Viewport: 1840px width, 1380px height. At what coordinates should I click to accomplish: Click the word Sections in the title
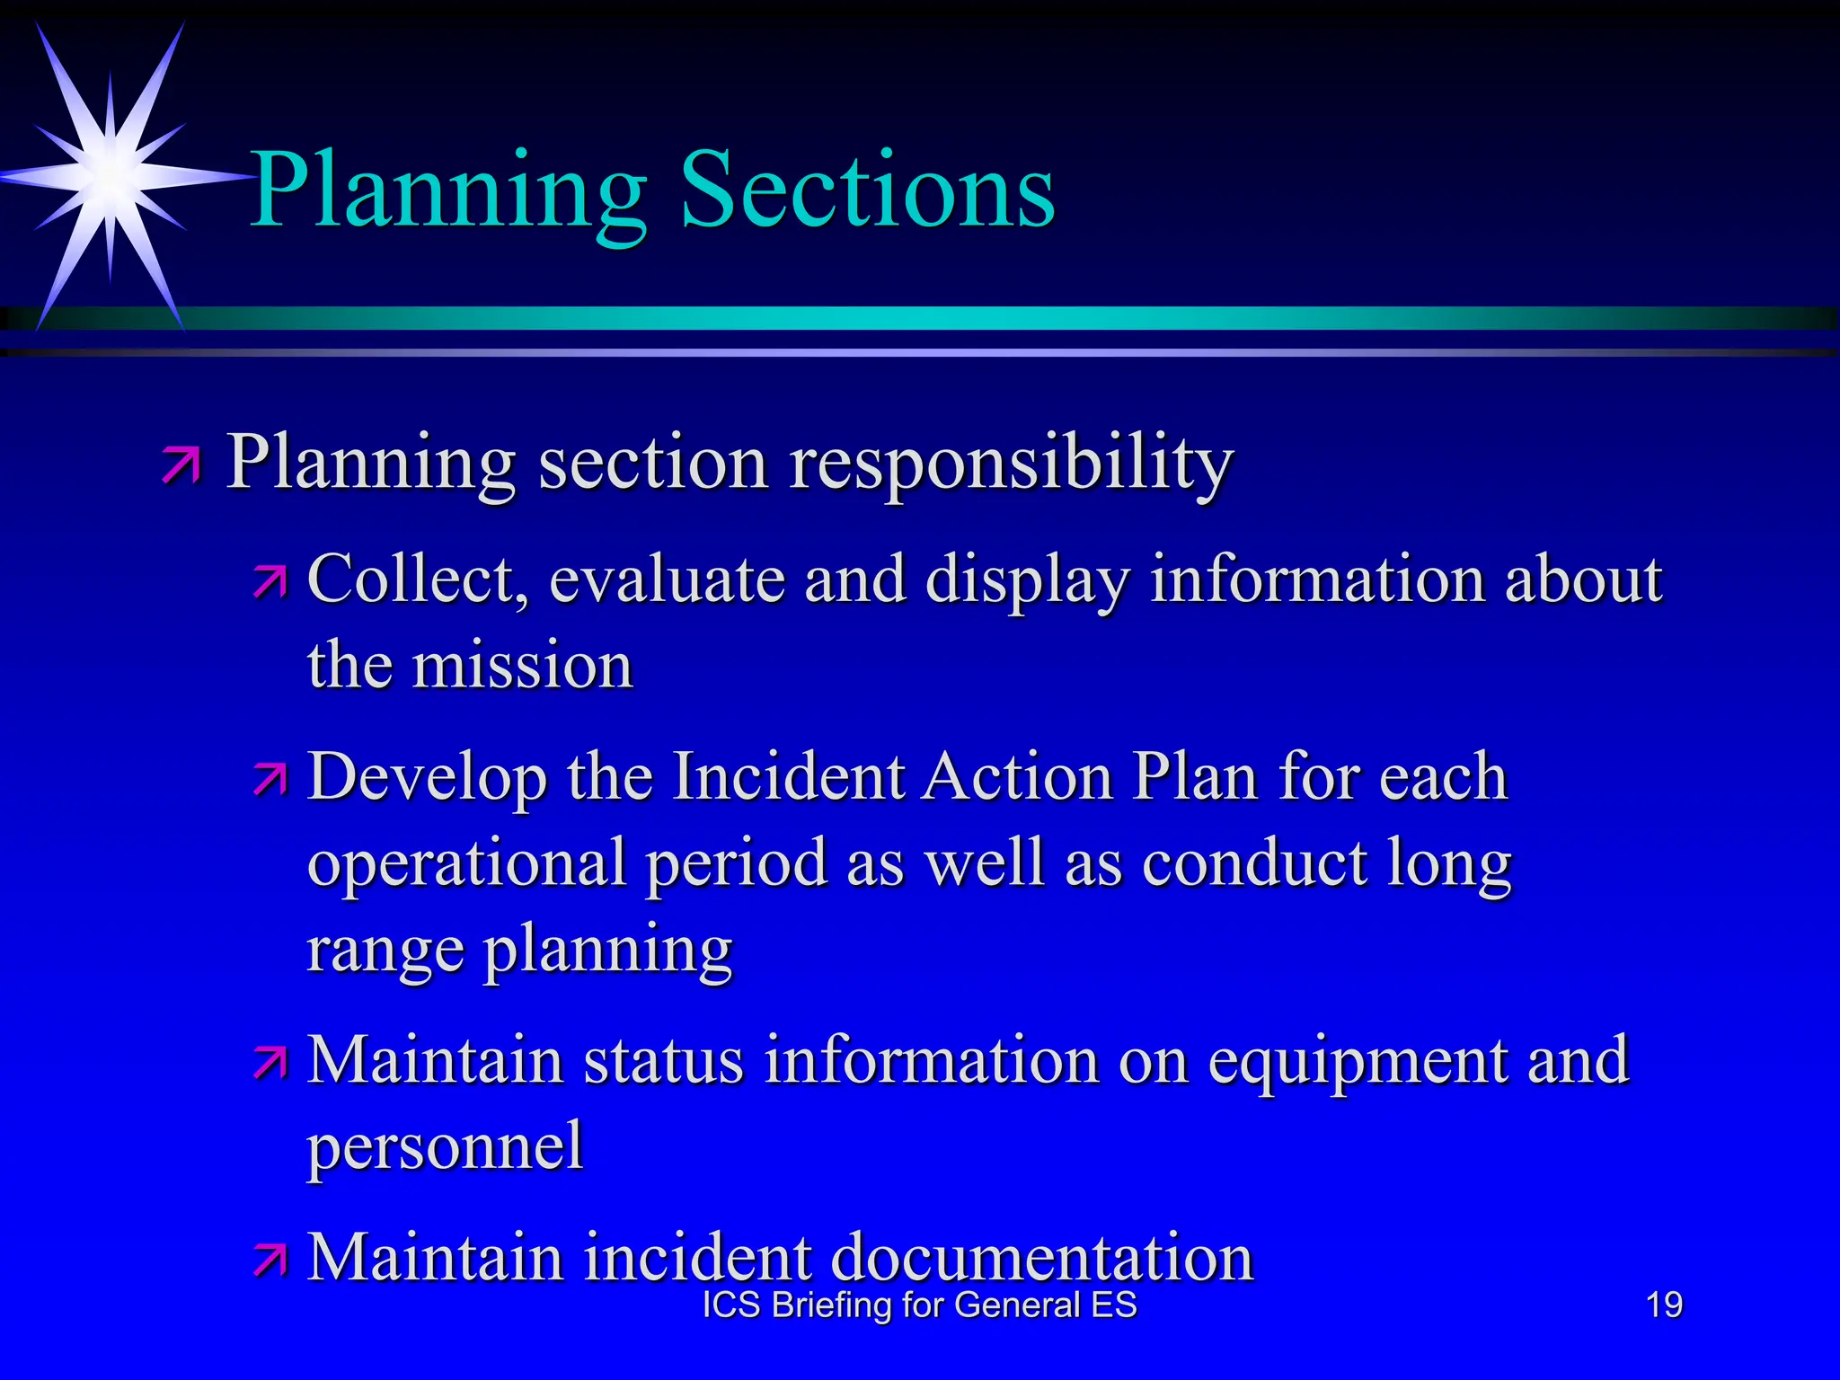point(868,190)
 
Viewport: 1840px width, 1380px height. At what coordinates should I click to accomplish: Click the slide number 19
point(1664,1305)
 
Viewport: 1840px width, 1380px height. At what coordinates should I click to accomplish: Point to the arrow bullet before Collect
point(270,582)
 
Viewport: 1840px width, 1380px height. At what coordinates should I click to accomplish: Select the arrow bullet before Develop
point(270,779)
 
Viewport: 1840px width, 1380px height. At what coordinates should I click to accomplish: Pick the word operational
point(466,863)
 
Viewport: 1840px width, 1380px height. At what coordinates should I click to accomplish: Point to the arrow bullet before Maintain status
point(270,1063)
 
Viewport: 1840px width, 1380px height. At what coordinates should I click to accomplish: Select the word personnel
point(446,1147)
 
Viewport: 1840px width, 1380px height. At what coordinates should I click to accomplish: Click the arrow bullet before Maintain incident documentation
point(270,1260)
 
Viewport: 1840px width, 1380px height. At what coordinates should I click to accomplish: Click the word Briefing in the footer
point(832,1305)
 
